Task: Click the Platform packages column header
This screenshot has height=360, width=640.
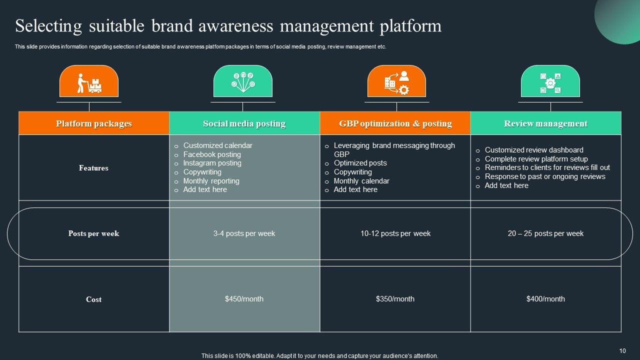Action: [94, 123]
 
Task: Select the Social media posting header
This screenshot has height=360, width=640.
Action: [244, 123]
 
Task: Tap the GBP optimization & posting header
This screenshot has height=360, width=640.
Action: [395, 123]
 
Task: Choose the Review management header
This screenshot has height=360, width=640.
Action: [545, 123]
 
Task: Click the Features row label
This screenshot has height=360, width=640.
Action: [93, 168]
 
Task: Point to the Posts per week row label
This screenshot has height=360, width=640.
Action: [93, 233]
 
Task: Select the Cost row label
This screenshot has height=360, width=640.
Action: [93, 299]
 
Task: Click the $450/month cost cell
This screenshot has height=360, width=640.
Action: [244, 299]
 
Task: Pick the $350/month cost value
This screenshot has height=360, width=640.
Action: [395, 299]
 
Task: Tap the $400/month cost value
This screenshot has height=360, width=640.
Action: [545, 299]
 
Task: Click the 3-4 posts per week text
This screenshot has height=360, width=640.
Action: [244, 233]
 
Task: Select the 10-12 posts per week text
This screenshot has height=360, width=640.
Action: [395, 233]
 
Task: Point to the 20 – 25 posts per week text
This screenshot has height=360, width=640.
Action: [545, 233]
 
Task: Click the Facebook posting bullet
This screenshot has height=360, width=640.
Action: [212, 154]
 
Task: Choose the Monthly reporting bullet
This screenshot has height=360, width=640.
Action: [211, 181]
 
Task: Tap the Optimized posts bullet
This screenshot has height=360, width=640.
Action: [360, 163]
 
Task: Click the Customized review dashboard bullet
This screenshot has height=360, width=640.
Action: [534, 150]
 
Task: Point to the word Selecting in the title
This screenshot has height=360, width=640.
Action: [48, 26]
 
